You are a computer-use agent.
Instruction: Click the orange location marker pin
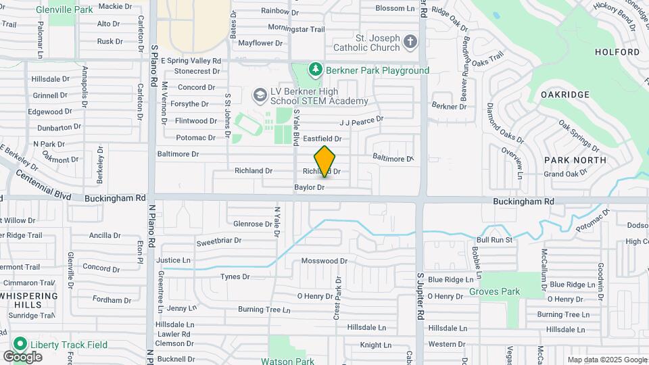325,161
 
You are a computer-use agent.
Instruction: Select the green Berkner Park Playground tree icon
314,70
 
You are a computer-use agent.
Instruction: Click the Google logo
22,356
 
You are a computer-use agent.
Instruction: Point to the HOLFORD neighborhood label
617,52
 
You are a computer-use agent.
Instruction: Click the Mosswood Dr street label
324,260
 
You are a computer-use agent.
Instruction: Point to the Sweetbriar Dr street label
218,241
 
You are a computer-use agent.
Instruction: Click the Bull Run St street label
495,239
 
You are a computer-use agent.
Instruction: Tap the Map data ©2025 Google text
606,360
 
